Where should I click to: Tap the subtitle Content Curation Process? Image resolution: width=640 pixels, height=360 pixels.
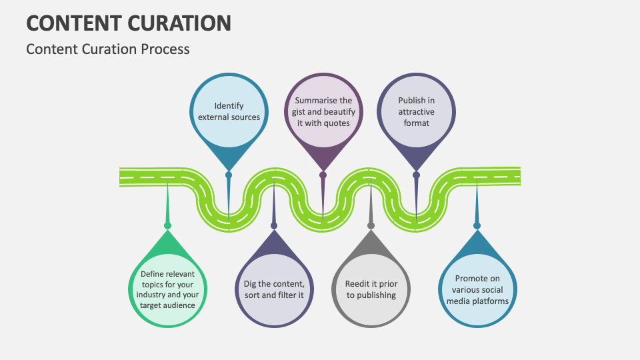pos(108,49)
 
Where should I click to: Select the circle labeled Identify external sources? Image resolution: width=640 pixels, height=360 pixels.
pos(229,111)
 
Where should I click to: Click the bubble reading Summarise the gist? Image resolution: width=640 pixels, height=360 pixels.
pos(323,111)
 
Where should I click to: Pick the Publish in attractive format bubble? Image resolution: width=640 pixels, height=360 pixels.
pos(416,111)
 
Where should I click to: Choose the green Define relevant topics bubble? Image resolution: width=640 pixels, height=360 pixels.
pos(167,289)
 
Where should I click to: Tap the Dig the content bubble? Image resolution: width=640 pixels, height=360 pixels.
pos(274,289)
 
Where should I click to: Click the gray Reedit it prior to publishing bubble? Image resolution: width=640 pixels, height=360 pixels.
pos(371,289)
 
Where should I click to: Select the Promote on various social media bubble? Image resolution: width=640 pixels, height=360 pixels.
pos(477,289)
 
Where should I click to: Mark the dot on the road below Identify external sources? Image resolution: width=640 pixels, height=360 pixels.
pos(229,175)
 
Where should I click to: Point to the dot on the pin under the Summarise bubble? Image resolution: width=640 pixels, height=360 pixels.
pos(323,175)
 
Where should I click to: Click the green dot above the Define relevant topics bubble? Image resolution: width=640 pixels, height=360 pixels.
pos(167,225)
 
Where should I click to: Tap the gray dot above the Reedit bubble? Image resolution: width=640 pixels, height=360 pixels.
pos(371,225)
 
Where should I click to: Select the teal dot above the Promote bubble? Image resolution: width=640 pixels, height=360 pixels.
pos(477,225)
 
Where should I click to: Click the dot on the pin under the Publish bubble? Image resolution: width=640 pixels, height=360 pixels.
pos(416,175)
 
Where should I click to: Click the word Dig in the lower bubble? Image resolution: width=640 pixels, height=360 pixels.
pos(251,283)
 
